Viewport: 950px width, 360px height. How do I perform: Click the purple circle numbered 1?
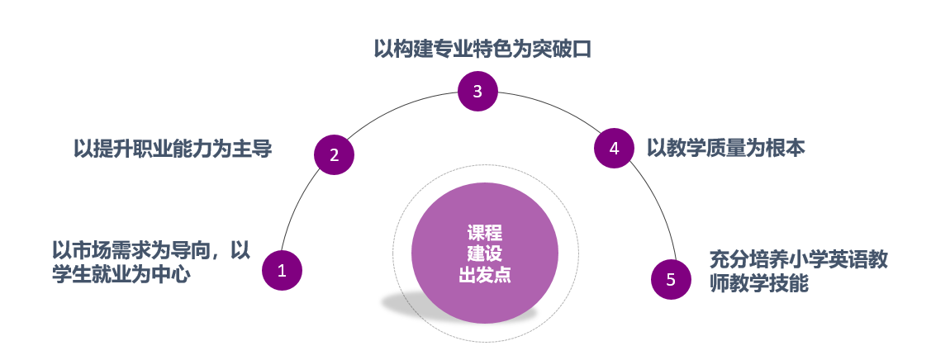click(282, 270)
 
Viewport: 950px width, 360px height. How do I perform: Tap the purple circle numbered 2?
click(335, 154)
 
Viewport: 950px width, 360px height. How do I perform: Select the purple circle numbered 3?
click(477, 91)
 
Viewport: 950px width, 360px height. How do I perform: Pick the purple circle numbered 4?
click(614, 149)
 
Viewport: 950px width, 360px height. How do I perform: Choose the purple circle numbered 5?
click(671, 279)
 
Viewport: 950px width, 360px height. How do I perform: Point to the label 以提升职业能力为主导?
click(173, 149)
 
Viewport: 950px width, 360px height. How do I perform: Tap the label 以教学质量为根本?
click(725, 148)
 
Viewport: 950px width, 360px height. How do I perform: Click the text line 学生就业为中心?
click(121, 274)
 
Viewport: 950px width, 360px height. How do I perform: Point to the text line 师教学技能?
click(758, 284)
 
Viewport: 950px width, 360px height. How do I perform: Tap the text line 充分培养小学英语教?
click(799, 258)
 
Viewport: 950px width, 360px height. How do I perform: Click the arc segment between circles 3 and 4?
click(553, 108)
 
